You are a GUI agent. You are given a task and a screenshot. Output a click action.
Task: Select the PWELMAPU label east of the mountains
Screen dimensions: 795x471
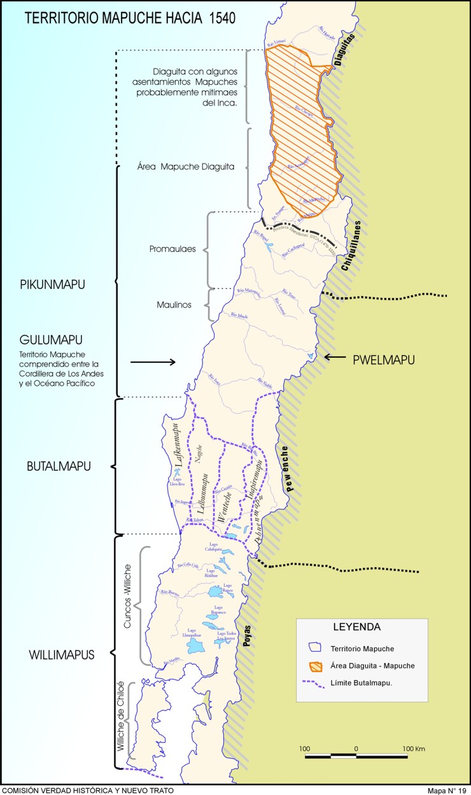click(x=384, y=360)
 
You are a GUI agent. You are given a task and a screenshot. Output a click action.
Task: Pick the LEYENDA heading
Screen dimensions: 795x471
click(x=356, y=627)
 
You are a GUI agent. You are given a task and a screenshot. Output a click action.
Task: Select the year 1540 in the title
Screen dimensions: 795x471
click(x=220, y=18)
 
